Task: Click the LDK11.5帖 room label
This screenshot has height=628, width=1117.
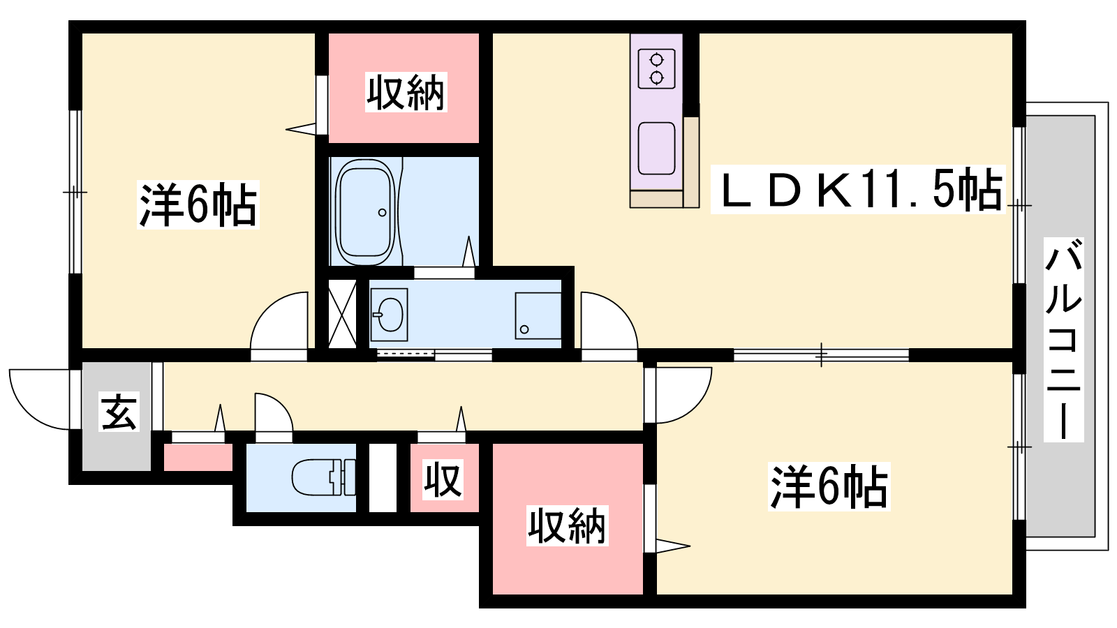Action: tap(858, 189)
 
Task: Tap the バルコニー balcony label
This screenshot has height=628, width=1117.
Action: tap(1063, 340)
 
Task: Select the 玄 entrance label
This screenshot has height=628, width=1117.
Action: tap(119, 411)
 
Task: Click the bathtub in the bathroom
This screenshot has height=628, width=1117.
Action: tap(366, 212)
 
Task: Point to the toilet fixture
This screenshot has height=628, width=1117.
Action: tap(323, 477)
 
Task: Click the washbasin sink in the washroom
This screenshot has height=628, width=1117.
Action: tap(390, 315)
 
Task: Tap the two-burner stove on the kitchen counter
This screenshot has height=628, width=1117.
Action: tap(657, 69)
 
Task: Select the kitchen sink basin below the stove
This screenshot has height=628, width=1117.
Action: tap(656, 149)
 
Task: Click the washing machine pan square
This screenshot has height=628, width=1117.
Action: tap(538, 316)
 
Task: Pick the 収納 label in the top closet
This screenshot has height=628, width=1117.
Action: tap(406, 92)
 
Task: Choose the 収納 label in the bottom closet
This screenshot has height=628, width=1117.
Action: tap(568, 526)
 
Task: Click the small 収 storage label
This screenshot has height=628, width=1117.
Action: tap(443, 479)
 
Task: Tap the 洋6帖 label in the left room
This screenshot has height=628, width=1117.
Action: tap(198, 205)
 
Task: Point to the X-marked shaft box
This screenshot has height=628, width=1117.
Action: tap(342, 314)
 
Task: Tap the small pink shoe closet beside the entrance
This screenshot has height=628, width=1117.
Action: tap(198, 457)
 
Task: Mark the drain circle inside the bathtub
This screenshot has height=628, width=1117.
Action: tap(382, 213)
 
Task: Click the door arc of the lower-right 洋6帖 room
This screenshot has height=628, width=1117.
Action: tap(695, 406)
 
